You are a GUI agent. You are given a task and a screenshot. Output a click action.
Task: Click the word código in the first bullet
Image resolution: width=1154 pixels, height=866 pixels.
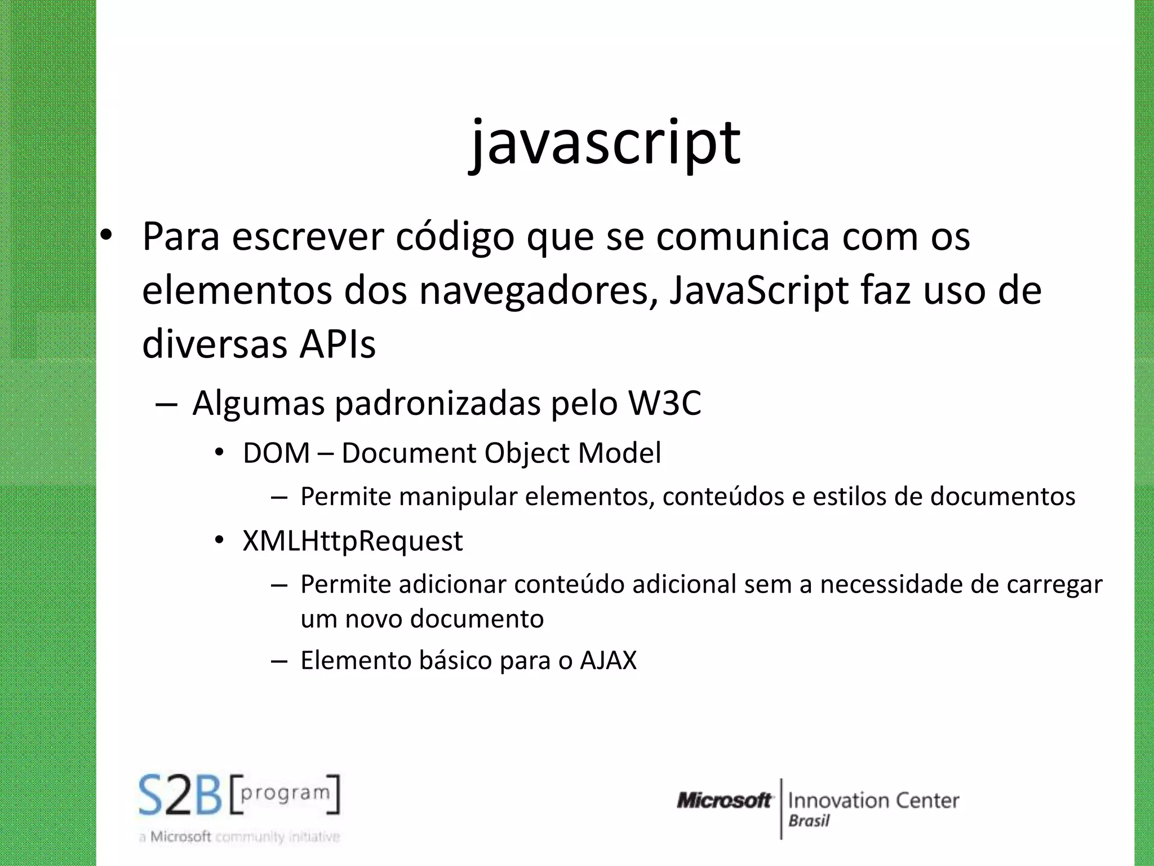[455, 237]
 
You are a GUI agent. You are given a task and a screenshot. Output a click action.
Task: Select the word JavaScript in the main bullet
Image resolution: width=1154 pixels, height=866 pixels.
[758, 291]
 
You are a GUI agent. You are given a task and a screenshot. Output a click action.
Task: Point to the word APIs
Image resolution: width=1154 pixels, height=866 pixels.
[337, 344]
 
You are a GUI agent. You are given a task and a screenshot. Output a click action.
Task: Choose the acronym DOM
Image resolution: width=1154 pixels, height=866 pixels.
[276, 453]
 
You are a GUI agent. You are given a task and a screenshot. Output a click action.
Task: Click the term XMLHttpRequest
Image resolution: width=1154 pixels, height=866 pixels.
[352, 541]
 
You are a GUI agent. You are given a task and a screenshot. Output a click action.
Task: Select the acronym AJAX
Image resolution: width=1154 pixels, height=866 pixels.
[608, 660]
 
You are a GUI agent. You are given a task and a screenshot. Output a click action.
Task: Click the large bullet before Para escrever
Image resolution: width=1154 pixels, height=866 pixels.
[106, 237]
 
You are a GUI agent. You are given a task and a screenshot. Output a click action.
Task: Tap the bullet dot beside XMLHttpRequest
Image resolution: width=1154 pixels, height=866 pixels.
[220, 541]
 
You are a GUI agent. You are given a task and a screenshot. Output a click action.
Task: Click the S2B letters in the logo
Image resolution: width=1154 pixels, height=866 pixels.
[180, 796]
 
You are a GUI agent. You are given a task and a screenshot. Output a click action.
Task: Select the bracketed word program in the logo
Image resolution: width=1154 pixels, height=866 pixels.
[285, 793]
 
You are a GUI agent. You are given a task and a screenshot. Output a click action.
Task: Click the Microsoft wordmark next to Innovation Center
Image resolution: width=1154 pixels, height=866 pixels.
[724, 801]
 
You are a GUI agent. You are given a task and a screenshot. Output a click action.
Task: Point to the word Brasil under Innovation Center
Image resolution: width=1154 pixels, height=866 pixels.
[809, 821]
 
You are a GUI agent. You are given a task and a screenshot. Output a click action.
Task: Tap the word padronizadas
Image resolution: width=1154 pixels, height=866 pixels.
[437, 404]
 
